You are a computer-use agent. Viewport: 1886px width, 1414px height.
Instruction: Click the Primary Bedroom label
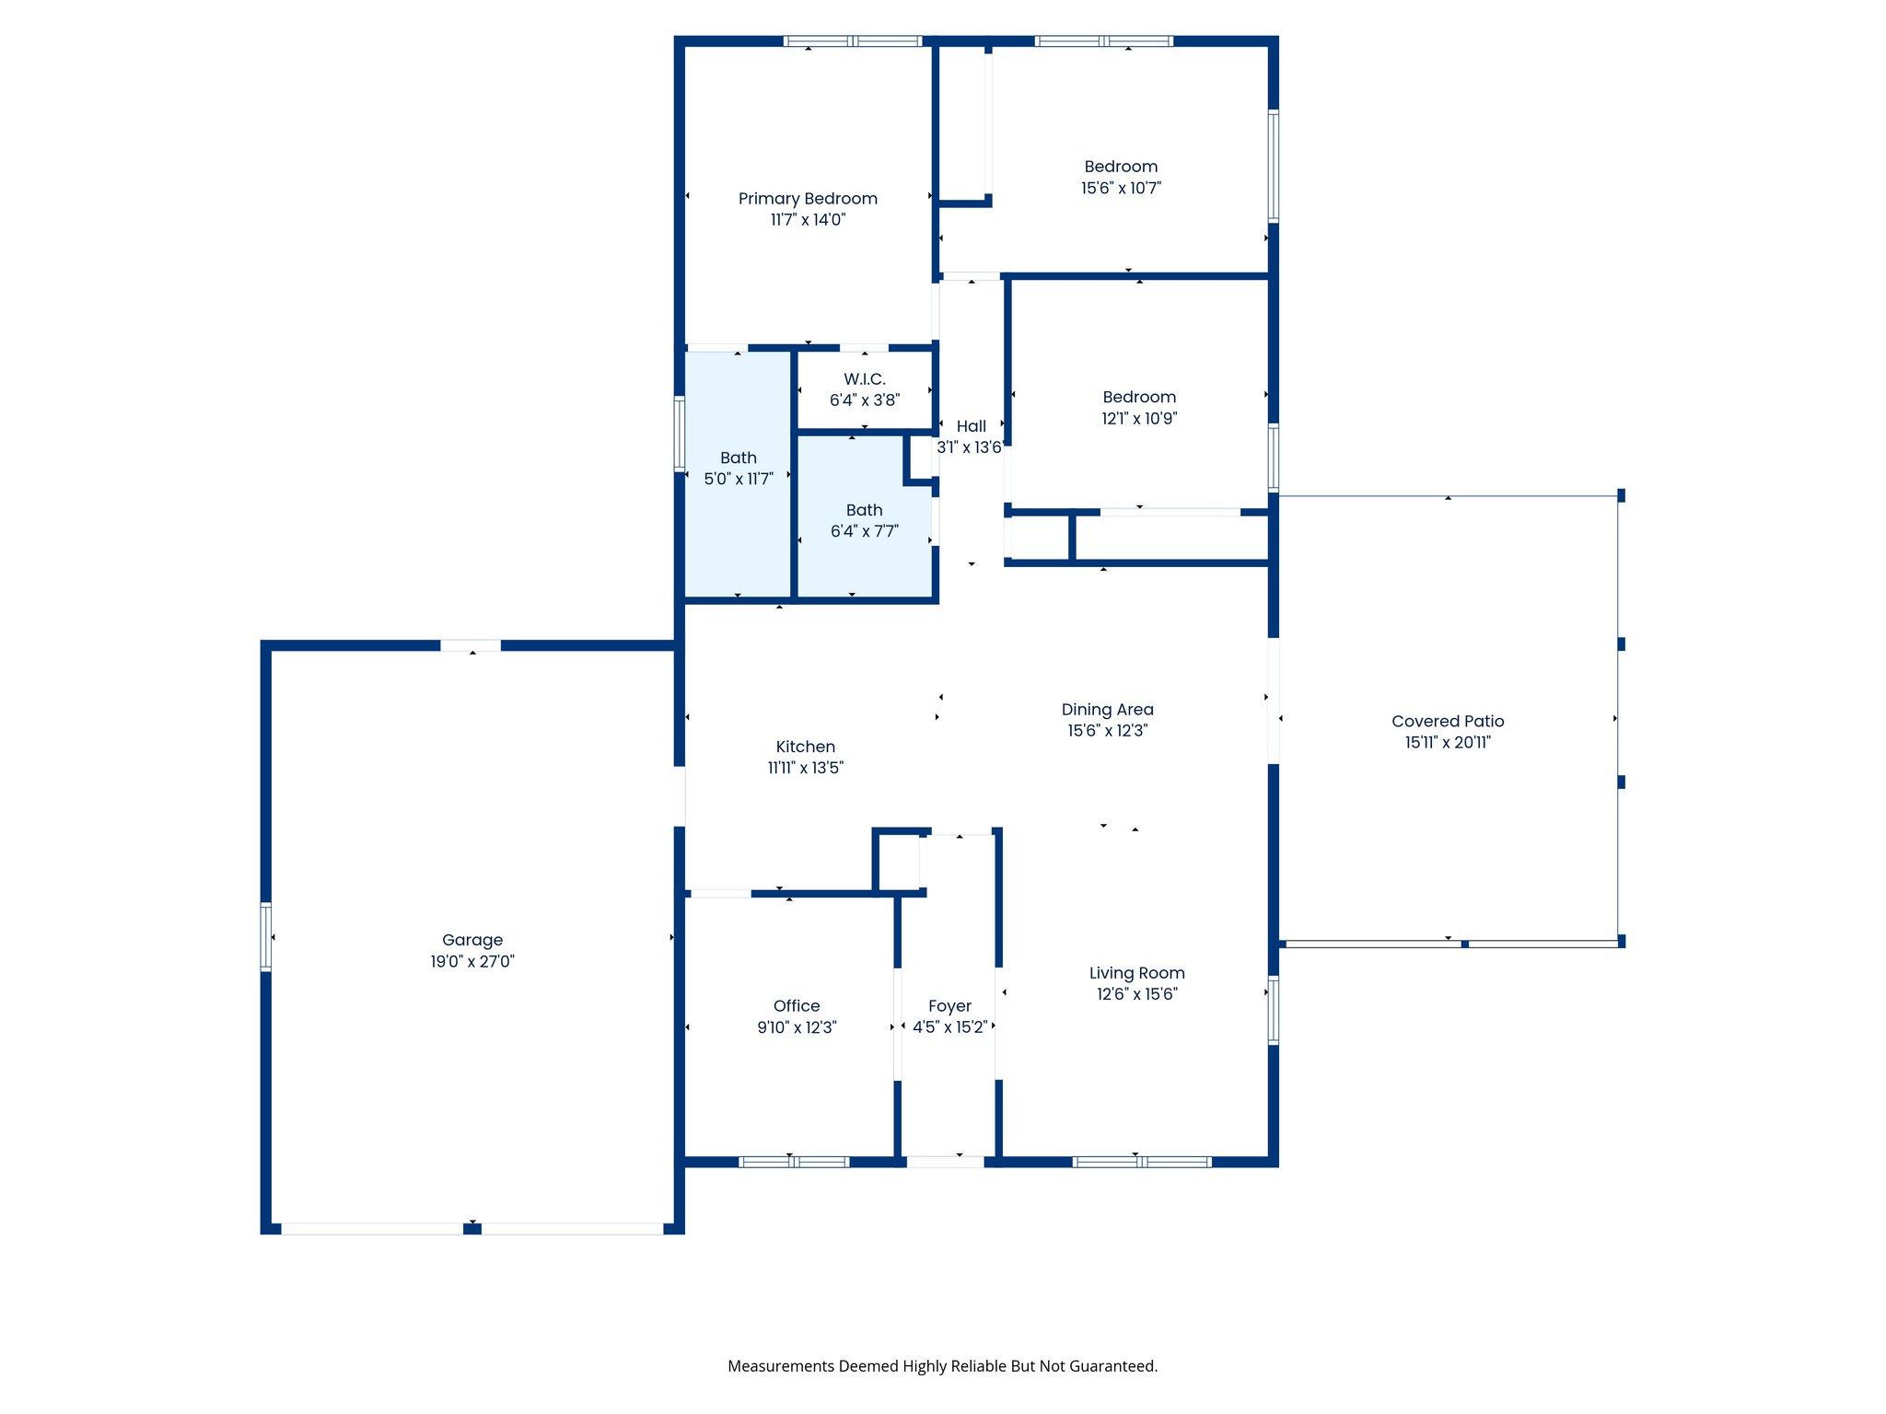click(x=808, y=199)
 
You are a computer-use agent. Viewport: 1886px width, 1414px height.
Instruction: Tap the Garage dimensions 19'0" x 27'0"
click(x=472, y=962)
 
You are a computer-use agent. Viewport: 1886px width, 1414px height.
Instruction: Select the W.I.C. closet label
click(x=864, y=379)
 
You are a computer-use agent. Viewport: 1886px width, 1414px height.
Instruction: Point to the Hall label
click(x=971, y=426)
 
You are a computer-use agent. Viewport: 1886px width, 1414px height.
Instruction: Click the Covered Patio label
click(x=1448, y=722)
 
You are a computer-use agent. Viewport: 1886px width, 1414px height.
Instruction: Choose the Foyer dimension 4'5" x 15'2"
click(x=949, y=1027)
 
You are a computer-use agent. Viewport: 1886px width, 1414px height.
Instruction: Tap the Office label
click(x=797, y=1006)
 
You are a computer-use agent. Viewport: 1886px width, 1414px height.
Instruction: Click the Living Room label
click(x=1136, y=973)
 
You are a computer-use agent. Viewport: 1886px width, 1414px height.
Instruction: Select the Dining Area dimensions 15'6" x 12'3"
click(x=1107, y=731)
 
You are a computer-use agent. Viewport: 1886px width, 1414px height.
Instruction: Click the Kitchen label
click(x=806, y=747)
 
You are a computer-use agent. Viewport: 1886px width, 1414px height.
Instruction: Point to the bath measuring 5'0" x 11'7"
click(x=739, y=468)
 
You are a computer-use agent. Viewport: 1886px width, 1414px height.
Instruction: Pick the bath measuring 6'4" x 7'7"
click(x=864, y=520)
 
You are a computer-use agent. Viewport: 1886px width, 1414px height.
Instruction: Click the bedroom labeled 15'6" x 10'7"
click(x=1121, y=177)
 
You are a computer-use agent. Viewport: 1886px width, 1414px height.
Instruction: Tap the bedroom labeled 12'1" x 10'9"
click(x=1139, y=407)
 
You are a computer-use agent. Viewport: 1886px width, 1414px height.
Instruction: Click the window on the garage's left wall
click(x=266, y=937)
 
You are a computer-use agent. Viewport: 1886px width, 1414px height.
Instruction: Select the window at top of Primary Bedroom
click(x=853, y=41)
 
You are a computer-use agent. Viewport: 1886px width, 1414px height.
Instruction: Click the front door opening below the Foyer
click(x=946, y=1162)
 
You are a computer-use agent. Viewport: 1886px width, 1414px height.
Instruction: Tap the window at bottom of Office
click(x=794, y=1162)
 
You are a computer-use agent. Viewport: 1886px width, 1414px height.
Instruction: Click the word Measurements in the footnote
click(x=781, y=1366)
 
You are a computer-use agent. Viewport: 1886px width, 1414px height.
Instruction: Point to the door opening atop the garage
click(x=471, y=645)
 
